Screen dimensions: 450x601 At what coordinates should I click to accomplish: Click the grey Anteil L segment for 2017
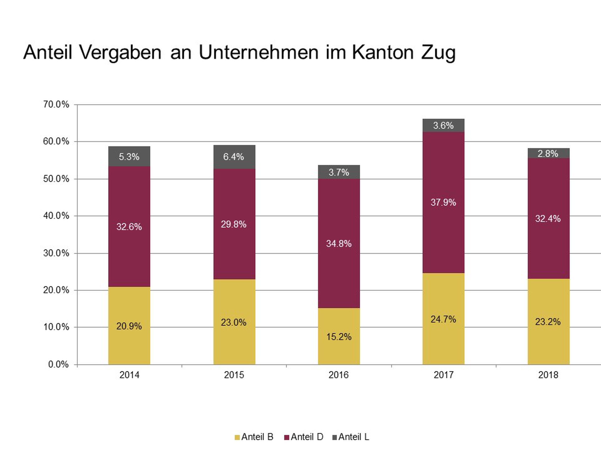click(443, 125)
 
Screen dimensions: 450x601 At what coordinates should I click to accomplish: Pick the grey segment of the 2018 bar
click(548, 153)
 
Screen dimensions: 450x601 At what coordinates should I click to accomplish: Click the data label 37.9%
click(443, 202)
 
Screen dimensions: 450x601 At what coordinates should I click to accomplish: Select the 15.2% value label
click(339, 337)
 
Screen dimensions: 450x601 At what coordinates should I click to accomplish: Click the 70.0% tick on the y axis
click(56, 104)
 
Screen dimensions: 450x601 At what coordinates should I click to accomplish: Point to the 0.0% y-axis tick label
click(58, 364)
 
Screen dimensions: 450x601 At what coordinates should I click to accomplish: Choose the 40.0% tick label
click(56, 216)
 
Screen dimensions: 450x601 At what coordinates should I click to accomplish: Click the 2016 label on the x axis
click(338, 375)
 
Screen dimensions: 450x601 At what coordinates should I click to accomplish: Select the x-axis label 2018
click(548, 375)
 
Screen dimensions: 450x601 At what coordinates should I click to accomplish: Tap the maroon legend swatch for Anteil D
click(286, 437)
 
